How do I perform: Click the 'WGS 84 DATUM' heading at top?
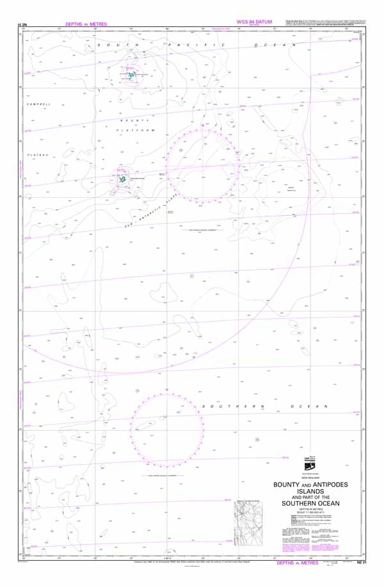coord(254,22)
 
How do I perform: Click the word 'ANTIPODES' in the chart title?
coord(328,485)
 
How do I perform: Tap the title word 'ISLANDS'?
coord(310,492)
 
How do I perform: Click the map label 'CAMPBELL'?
coord(38,104)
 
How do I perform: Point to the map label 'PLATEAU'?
coord(38,155)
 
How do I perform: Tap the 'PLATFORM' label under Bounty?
coord(136,130)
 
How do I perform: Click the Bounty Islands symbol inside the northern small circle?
coord(132,75)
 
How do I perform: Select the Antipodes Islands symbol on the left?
coord(121,181)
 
